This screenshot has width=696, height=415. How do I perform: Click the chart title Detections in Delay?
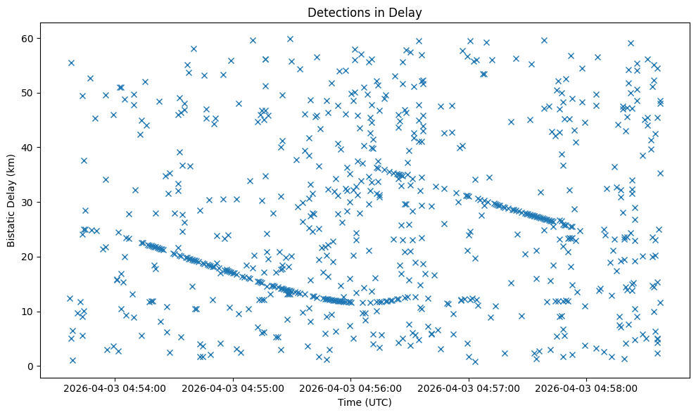[365, 12]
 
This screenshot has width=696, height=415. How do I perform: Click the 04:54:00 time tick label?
[114, 388]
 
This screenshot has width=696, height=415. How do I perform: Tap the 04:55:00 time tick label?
[232, 388]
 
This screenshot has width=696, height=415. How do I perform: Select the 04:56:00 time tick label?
[350, 388]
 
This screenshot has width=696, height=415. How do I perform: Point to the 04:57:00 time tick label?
[468, 388]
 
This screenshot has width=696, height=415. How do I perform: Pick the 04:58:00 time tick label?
[586, 388]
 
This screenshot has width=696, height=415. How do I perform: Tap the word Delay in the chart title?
[407, 12]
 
